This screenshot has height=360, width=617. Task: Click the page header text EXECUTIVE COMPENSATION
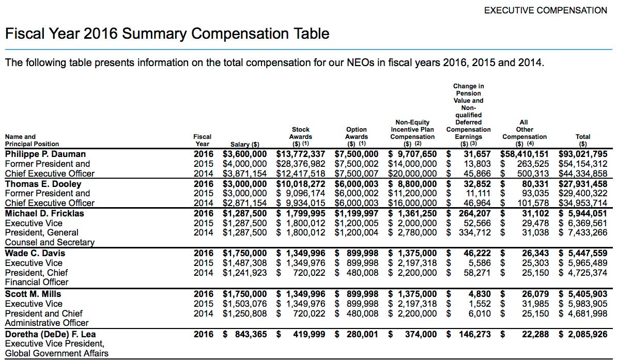click(x=546, y=10)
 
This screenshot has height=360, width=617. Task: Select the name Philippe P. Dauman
click(x=45, y=154)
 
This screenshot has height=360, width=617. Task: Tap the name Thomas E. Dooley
click(x=43, y=184)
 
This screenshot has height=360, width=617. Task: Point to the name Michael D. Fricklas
click(x=44, y=213)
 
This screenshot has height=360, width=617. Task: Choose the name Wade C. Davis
click(x=35, y=253)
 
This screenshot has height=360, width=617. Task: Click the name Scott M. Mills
click(x=35, y=294)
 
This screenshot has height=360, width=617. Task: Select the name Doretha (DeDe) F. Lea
click(x=51, y=334)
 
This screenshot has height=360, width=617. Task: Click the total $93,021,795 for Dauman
click(x=583, y=154)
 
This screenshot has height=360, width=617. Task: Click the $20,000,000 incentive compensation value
click(x=412, y=174)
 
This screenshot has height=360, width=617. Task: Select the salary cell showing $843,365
click(x=245, y=334)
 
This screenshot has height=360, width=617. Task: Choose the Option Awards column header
click(x=357, y=137)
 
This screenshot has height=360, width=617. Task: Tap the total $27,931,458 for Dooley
click(x=583, y=184)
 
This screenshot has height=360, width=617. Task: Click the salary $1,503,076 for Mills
click(x=245, y=304)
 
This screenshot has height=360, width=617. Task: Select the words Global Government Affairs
click(x=57, y=354)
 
